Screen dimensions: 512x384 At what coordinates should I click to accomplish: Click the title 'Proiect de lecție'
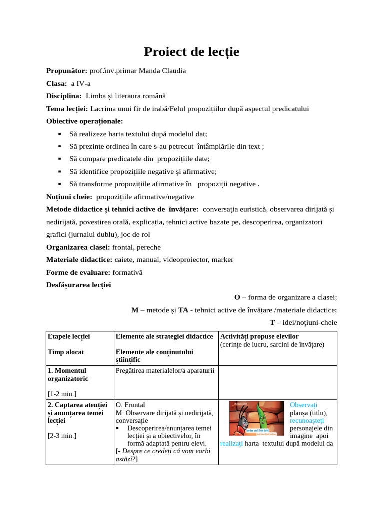point(192,52)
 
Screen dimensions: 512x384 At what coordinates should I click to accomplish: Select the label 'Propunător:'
point(67,71)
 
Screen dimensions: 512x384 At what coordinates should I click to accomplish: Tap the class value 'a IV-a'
point(81,83)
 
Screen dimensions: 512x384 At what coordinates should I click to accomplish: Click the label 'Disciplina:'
point(64,96)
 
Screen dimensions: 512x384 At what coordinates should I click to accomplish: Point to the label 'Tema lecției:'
point(67,108)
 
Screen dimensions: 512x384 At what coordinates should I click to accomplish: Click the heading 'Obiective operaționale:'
point(84,121)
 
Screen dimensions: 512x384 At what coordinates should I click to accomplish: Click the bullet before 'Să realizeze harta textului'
point(59,134)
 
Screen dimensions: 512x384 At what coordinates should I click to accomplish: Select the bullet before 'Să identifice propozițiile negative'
point(59,172)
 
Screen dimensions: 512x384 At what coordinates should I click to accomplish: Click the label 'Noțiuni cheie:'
point(69,197)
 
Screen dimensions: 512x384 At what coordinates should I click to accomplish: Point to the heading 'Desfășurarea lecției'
point(78,285)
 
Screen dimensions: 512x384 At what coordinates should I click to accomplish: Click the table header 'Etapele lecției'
point(69,337)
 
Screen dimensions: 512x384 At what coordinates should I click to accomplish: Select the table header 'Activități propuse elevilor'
point(259,337)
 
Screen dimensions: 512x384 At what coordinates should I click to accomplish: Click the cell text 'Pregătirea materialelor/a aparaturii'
point(165,371)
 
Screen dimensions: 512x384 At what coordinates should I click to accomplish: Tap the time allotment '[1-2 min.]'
point(62,394)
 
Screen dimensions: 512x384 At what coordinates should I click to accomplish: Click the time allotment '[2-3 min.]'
point(62,436)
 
